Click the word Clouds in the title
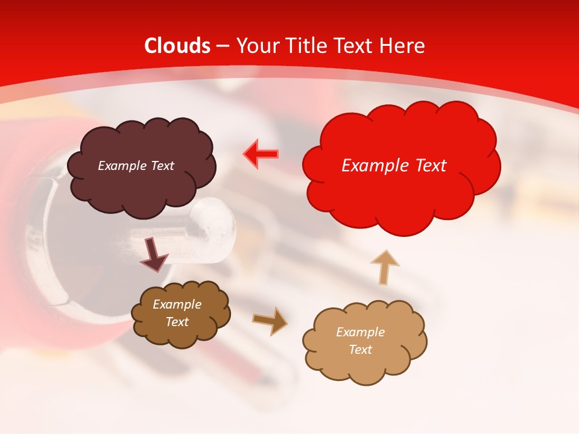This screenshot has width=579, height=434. [178, 46]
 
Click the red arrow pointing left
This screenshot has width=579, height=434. [261, 154]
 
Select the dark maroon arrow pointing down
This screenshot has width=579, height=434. [153, 256]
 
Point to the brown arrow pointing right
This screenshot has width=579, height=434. [270, 321]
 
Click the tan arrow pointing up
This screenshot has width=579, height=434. [385, 268]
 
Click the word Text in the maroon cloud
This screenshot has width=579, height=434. [162, 166]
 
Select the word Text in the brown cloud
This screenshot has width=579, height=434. [177, 322]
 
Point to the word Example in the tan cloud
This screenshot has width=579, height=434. [360, 332]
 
